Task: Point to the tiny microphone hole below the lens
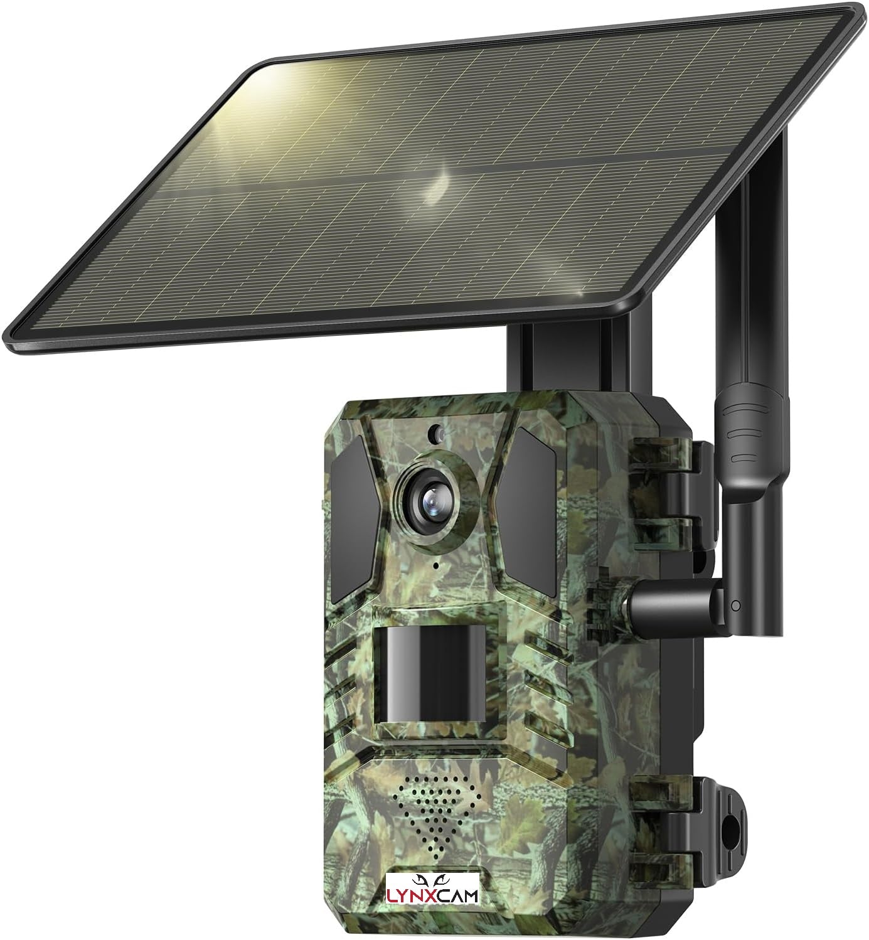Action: tap(435, 565)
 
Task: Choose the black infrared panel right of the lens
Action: tap(529, 512)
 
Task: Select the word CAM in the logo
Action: tap(457, 895)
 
